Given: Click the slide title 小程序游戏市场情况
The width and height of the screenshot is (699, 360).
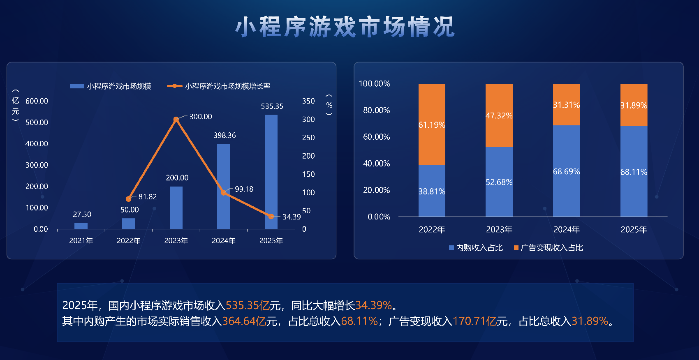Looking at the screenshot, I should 345,27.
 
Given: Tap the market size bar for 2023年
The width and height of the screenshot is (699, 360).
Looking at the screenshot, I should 176,208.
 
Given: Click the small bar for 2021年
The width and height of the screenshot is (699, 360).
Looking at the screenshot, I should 81,226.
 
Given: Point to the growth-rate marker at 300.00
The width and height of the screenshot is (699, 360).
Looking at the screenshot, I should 176,119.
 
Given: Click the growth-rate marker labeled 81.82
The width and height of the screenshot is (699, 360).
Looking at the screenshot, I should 129,199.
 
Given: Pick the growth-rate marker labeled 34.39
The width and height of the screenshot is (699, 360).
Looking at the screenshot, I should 271,216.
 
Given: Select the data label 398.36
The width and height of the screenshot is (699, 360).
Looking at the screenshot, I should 225,136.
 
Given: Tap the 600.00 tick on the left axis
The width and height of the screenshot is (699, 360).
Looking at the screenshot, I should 37,101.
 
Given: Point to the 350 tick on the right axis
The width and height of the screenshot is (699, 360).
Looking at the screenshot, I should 308,101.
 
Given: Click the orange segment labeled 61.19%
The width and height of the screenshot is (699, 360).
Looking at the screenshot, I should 432,125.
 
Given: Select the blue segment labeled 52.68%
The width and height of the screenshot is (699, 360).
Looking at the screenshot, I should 499,182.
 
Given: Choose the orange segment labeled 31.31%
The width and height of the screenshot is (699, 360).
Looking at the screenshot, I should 566,105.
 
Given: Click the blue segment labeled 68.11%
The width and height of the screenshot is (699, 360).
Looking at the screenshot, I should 634,171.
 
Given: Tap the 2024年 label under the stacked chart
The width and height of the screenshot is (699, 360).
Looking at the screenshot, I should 566,230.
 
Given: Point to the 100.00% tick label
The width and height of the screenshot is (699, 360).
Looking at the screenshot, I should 374,84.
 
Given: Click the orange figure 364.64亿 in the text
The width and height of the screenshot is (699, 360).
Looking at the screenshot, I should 244,321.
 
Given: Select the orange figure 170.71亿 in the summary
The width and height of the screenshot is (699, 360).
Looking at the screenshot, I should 474,321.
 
